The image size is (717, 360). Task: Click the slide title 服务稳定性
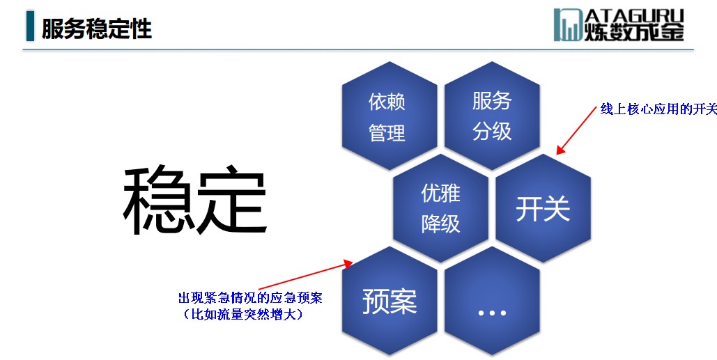click(x=96, y=29)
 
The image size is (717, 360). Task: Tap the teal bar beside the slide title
click(x=30, y=26)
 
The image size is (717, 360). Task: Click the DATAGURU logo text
click(x=634, y=24)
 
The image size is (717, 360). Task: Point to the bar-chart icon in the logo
click(x=568, y=24)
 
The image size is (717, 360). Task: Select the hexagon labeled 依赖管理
click(x=389, y=116)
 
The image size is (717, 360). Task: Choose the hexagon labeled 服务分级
click(x=492, y=116)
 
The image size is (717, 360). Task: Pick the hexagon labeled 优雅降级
click(x=440, y=208)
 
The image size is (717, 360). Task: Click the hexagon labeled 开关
click(x=543, y=208)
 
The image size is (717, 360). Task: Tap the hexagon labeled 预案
click(x=389, y=301)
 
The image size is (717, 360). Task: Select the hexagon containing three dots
click(x=492, y=301)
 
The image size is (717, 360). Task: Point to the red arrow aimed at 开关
click(x=576, y=130)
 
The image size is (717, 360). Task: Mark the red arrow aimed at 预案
click(x=305, y=276)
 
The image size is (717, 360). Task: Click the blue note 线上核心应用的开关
click(x=658, y=109)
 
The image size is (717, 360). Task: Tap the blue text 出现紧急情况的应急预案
click(x=250, y=298)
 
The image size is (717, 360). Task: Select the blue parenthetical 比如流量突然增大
click(x=242, y=314)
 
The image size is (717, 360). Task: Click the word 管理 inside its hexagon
click(x=387, y=134)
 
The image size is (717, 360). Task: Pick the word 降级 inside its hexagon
click(x=440, y=224)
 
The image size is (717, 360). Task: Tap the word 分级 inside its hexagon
click(x=491, y=132)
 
